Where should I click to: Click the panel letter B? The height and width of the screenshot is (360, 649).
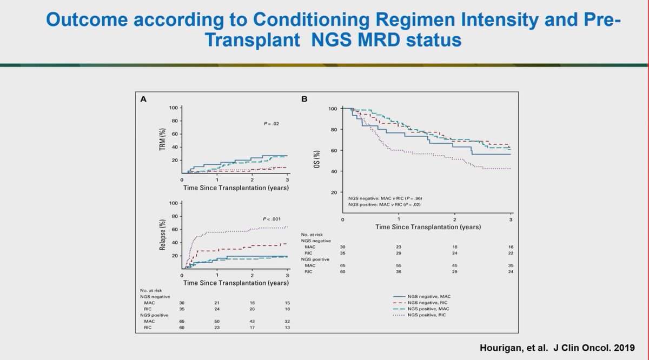point(304,99)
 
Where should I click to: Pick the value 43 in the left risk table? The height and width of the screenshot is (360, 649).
point(252,322)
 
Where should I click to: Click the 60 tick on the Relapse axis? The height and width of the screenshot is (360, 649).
point(174,229)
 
